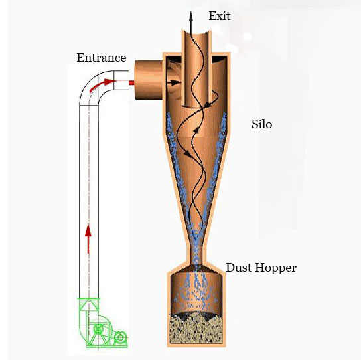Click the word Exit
click(x=220, y=16)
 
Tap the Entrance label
click(x=102, y=58)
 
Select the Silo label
click(x=261, y=124)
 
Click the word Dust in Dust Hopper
click(x=239, y=268)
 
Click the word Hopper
click(x=275, y=268)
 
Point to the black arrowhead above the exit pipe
click(x=191, y=16)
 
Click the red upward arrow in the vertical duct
click(x=88, y=238)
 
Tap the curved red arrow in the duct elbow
click(x=102, y=84)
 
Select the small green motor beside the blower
click(x=120, y=338)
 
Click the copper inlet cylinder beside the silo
click(x=149, y=80)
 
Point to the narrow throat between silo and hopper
click(x=196, y=254)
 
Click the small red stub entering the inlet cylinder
click(x=131, y=82)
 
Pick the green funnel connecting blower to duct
click(x=89, y=304)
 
